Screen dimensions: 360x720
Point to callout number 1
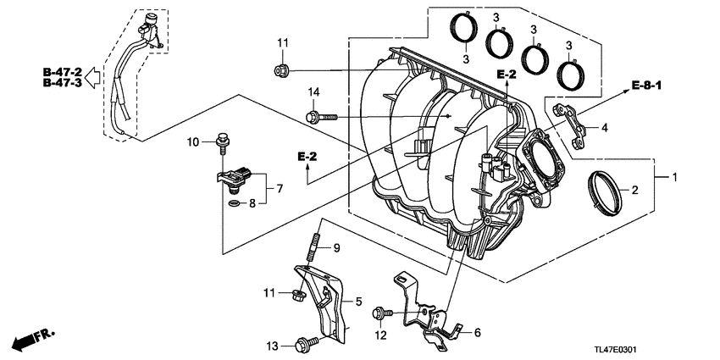675,178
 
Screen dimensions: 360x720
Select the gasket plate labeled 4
570,120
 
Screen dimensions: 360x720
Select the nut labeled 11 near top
283,69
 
